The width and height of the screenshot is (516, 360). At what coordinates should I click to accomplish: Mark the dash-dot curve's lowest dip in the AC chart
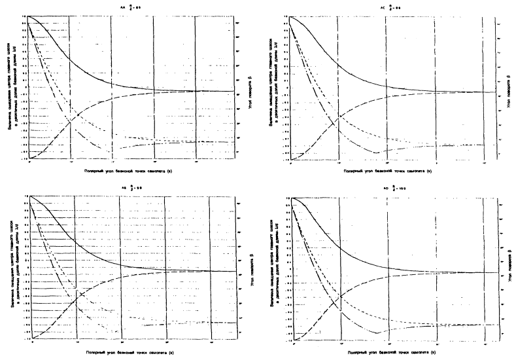(x=375, y=153)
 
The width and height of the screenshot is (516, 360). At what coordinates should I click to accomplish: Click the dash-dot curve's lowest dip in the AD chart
(x=376, y=333)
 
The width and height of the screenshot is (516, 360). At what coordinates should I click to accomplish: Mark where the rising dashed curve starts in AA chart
(x=30, y=158)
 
